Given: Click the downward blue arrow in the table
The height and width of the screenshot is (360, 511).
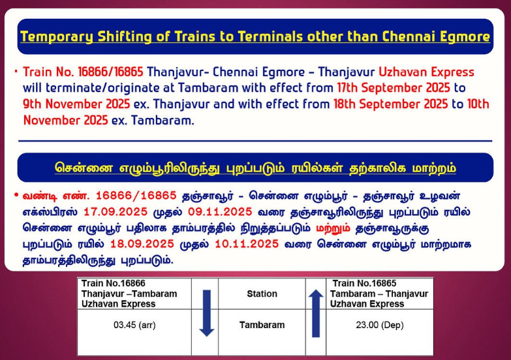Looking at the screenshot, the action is (x=207, y=314).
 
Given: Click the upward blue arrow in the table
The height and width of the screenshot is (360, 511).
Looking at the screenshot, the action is (x=316, y=314).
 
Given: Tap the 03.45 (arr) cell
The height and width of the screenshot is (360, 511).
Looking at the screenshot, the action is (x=134, y=325).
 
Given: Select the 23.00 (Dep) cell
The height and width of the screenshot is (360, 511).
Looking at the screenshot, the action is (x=380, y=325).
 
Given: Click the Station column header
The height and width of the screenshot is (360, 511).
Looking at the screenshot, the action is (x=262, y=293).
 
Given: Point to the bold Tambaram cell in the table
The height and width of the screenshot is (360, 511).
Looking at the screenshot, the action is (x=262, y=325).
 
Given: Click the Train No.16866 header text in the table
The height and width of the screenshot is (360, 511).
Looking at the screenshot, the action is (x=114, y=283).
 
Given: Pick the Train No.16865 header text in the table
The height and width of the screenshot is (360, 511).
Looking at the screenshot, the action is (x=364, y=283).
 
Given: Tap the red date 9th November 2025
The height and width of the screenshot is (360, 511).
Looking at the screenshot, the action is (x=76, y=104).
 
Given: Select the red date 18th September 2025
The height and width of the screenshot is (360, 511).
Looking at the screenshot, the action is (x=390, y=104).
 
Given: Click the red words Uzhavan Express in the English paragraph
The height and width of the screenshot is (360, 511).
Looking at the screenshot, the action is (x=426, y=72).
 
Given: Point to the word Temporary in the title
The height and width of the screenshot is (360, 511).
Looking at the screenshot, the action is (x=57, y=36).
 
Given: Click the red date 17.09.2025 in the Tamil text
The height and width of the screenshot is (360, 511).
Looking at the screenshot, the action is (x=116, y=212).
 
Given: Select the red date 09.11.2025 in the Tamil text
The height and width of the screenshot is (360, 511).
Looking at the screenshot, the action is (x=220, y=212).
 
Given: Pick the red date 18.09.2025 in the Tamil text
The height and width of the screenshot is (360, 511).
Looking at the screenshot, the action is (x=142, y=244).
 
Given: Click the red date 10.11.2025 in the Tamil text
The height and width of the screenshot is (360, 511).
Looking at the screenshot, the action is (x=247, y=244).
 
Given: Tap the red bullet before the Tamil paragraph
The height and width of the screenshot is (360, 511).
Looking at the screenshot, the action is (x=16, y=196).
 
